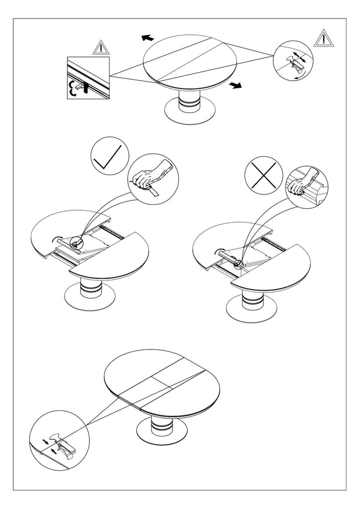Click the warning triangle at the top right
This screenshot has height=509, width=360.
(x=322, y=38)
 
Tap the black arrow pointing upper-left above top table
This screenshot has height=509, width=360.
(x=147, y=37)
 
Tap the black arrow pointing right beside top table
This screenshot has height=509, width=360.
(x=235, y=86)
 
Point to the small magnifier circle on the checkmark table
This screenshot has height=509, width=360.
(x=75, y=244)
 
